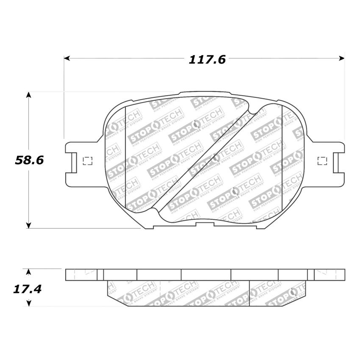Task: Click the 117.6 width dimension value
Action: [x=207, y=60]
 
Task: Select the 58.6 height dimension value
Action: [x=30, y=160]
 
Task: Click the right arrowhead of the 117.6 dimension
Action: [x=342, y=58]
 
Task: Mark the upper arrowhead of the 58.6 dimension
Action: [x=28, y=94]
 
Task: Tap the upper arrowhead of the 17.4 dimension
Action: [x=28, y=271]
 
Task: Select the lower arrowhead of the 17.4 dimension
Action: [x=28, y=303]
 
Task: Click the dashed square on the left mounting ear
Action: [x=88, y=161]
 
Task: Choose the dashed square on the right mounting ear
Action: [x=322, y=161]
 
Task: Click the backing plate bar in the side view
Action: [x=205, y=274]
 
